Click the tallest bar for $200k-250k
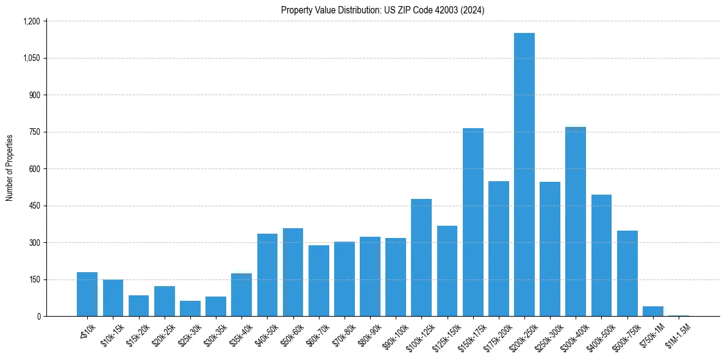point(524,175)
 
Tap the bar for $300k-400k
point(575,221)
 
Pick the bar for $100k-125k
point(421,257)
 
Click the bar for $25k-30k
point(190,308)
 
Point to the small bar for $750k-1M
point(652,311)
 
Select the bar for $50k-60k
point(293,272)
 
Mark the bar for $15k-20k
point(138,306)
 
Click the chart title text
point(382,10)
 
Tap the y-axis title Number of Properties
point(10,168)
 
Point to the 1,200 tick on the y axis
point(31,21)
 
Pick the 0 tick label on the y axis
point(38,316)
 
